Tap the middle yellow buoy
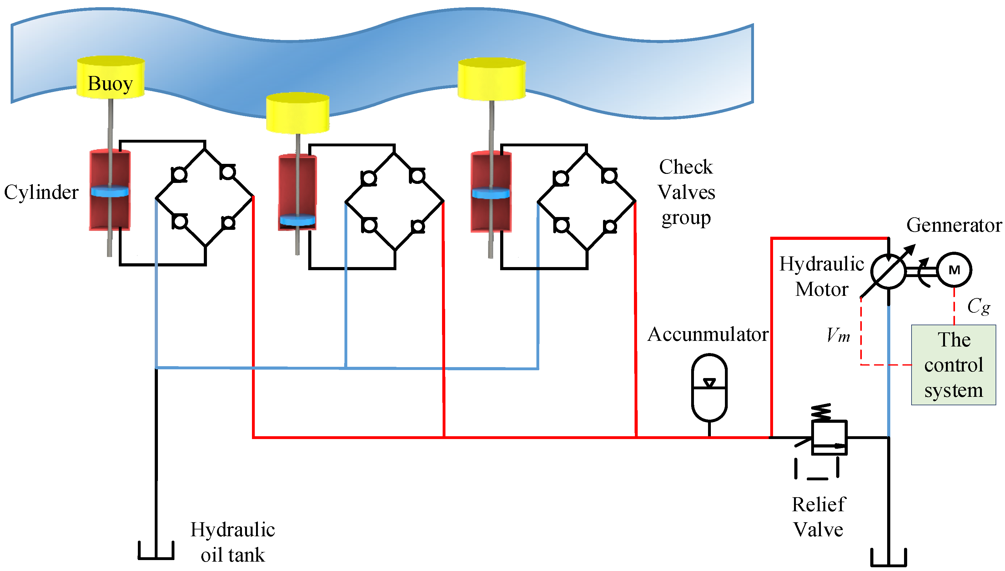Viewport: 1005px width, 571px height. (x=298, y=113)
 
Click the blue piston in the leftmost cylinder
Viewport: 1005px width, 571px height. (x=110, y=192)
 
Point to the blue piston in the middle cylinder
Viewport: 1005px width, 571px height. (x=298, y=220)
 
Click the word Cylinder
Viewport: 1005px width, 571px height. (x=41, y=192)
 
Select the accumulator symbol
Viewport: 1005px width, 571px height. (x=709, y=387)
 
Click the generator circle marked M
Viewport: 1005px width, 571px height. (x=954, y=270)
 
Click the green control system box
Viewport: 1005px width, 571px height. (x=953, y=365)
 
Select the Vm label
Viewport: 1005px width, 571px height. (x=838, y=335)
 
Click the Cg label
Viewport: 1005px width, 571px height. (x=978, y=306)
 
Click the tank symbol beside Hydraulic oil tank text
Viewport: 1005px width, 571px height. (x=156, y=551)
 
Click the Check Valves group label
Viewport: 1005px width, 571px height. (x=686, y=192)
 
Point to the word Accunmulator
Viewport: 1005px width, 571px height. (x=707, y=335)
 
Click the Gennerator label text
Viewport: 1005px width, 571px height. (x=954, y=225)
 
